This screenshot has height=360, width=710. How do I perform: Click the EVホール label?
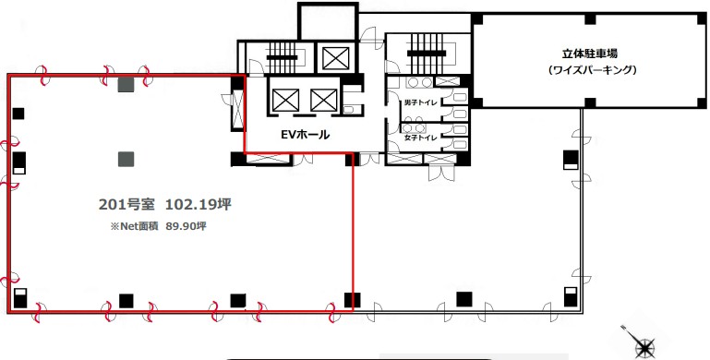click(x=306, y=135)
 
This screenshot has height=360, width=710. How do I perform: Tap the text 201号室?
click(x=126, y=205)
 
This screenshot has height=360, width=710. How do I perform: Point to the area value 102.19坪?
click(x=198, y=205)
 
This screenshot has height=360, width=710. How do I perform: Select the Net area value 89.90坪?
click(x=186, y=226)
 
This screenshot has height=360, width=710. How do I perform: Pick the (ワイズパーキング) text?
click(x=592, y=70)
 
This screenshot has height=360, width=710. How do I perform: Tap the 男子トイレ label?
click(x=420, y=102)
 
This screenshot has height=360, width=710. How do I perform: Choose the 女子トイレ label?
click(x=420, y=138)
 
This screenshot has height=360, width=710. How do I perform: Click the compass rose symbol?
click(x=644, y=347)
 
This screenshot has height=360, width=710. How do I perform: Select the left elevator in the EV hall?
click(x=285, y=100)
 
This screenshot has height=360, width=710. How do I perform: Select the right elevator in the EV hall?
click(x=324, y=100)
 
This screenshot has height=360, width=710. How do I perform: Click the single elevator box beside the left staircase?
click(x=336, y=57)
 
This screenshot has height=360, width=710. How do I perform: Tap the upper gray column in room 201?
click(x=126, y=85)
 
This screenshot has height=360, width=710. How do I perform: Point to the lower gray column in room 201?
click(x=126, y=159)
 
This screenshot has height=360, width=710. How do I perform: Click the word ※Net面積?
click(x=134, y=226)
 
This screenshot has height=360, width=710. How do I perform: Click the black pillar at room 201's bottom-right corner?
click(x=353, y=300)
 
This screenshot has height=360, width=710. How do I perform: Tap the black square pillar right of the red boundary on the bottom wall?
click(x=464, y=299)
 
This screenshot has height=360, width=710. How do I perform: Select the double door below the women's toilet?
click(x=442, y=173)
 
